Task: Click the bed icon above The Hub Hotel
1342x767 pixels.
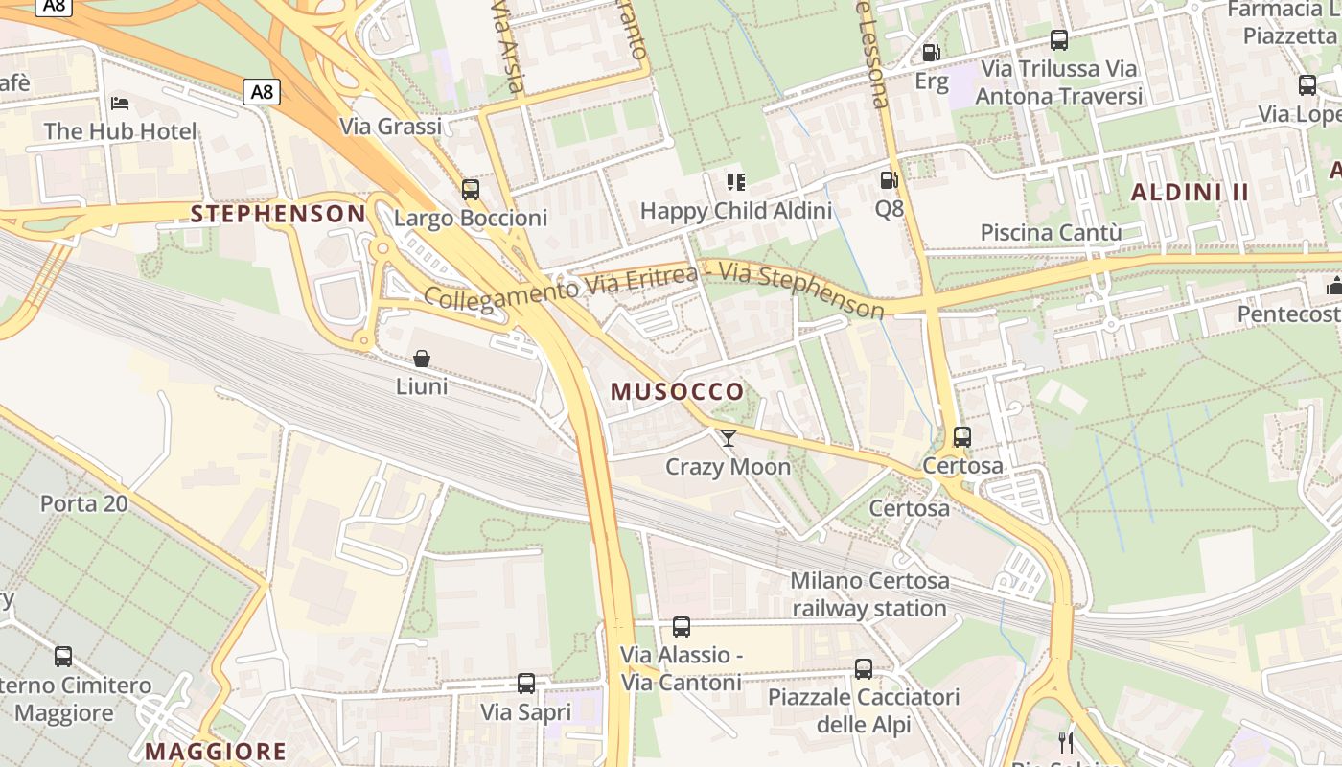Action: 120,103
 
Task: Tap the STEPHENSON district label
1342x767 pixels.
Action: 278,214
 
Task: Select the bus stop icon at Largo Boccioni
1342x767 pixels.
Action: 470,190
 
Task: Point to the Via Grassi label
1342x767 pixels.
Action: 390,127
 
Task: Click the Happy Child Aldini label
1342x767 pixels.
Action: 735,210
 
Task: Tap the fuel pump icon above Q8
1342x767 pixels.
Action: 889,179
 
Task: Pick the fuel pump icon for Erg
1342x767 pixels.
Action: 930,53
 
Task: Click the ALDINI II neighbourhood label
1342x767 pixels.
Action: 1190,192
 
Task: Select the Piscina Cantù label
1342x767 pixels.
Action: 1051,233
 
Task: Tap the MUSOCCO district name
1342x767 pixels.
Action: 677,391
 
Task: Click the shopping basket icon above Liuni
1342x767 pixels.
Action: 421,360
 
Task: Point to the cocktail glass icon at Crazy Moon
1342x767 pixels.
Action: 729,438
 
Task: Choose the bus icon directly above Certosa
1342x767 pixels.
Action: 962,437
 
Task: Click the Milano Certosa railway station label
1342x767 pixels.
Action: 869,594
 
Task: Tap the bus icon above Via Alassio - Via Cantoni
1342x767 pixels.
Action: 681,627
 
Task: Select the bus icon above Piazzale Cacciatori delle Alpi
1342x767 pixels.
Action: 863,669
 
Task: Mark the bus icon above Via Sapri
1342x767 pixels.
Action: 525,684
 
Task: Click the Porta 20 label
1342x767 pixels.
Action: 83,503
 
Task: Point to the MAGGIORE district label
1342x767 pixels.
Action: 216,751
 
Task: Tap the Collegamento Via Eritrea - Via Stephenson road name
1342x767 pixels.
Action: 654,288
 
